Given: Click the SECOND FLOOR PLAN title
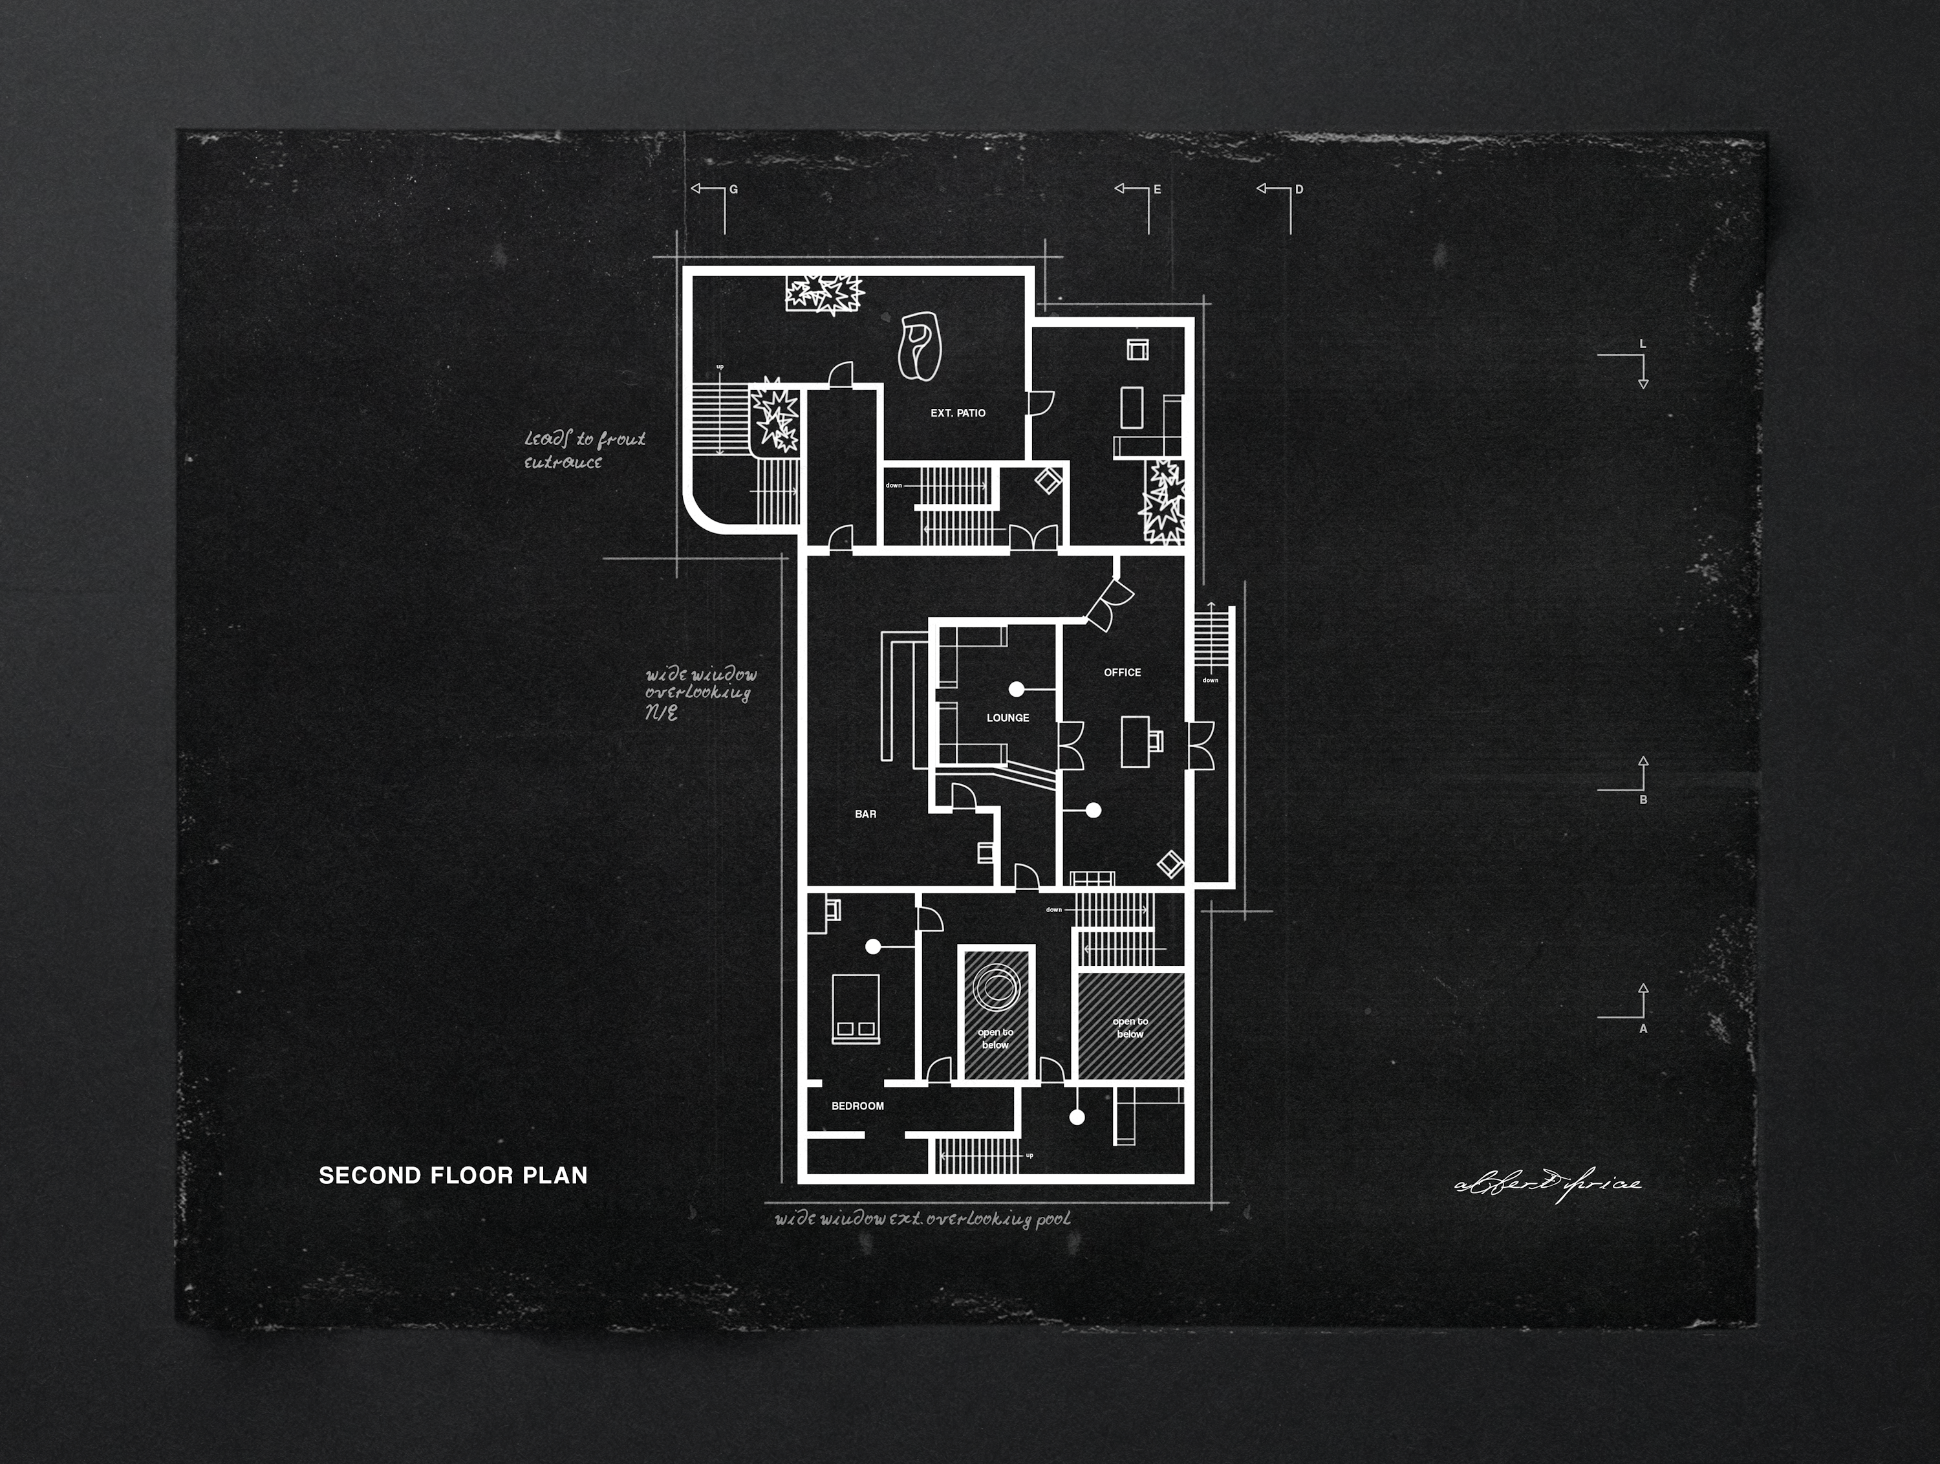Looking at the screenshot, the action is [x=453, y=1175].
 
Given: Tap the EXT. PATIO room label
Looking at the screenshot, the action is [x=958, y=413].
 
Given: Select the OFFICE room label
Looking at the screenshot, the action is [x=1122, y=673].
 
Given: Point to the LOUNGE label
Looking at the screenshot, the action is [x=1008, y=717].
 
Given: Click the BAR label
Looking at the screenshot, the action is [x=866, y=814].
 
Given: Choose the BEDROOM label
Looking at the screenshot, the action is [x=857, y=1106].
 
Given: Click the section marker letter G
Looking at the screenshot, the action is [x=734, y=190].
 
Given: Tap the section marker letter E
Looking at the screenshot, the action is [x=1157, y=190].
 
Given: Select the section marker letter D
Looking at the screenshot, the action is [x=1299, y=190].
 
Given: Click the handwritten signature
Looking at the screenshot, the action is [x=1548, y=1184].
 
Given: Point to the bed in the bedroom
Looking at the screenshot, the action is [x=855, y=1009].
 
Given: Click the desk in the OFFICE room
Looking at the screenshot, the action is [x=1136, y=741].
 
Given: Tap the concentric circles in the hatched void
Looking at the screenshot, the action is [x=995, y=985].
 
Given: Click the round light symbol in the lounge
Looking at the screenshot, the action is [x=1017, y=690].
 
